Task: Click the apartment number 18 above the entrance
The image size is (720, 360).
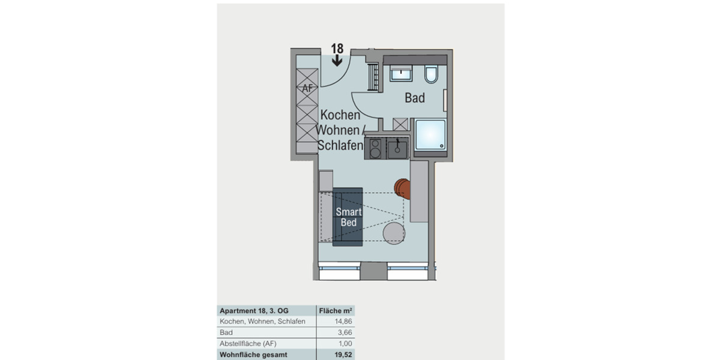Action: tap(337, 49)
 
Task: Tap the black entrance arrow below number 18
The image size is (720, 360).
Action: tap(337, 59)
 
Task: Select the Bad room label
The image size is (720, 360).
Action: tap(415, 98)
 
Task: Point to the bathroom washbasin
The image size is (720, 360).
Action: tap(400, 74)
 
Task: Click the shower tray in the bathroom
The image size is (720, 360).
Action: tap(430, 136)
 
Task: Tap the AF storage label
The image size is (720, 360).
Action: tap(308, 89)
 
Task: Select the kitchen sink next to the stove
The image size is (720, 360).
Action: tap(397, 147)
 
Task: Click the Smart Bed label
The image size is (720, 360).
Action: tap(348, 217)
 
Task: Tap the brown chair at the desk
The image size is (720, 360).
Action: tap(403, 188)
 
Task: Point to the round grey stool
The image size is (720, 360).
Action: tap(394, 233)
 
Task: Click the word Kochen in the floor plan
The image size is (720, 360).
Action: tap(340, 115)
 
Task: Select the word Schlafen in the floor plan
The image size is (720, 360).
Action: tap(340, 146)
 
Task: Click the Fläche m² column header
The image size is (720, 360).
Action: tap(335, 311)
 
